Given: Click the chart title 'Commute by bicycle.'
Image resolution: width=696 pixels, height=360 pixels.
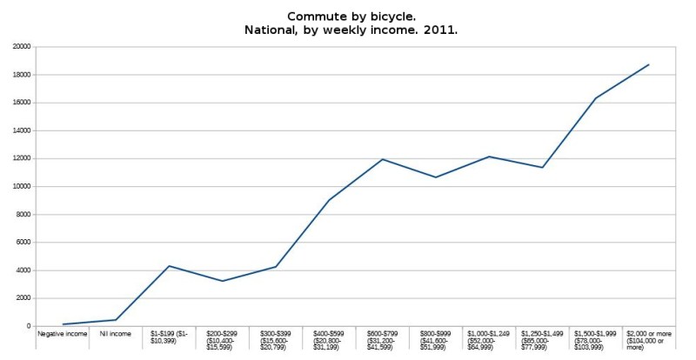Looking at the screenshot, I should (348, 16).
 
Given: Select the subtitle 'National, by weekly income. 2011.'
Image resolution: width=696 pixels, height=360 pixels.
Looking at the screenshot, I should (348, 30).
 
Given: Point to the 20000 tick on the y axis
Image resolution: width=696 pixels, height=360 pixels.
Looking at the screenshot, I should (21, 47).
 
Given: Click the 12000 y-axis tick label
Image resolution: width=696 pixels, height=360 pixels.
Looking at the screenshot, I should (21, 158).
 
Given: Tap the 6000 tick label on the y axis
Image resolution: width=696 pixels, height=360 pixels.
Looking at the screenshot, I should (23, 243).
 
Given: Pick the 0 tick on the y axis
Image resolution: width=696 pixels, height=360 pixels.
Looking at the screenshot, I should (29, 326).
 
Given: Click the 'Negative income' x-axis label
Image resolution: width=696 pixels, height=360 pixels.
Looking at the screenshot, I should (62, 333).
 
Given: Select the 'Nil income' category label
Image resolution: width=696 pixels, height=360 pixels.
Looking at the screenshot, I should (115, 333).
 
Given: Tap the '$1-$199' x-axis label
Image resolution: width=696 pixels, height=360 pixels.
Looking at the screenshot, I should (169, 337).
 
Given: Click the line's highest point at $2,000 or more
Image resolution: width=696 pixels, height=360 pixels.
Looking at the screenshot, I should (649, 64).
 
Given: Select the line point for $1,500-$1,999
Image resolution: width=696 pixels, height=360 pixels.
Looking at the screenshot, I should (596, 98).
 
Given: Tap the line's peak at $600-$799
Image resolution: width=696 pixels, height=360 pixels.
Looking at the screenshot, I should (382, 159).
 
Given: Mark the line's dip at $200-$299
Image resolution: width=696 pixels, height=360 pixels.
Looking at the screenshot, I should (222, 281).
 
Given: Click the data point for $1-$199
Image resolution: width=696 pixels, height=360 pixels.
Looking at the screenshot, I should (169, 266).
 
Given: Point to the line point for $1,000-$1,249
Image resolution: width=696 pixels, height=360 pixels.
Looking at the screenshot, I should (489, 157).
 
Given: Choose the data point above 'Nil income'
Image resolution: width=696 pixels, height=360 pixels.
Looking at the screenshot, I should (115, 320).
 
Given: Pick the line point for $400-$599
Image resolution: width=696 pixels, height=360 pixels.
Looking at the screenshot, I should (329, 200).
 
